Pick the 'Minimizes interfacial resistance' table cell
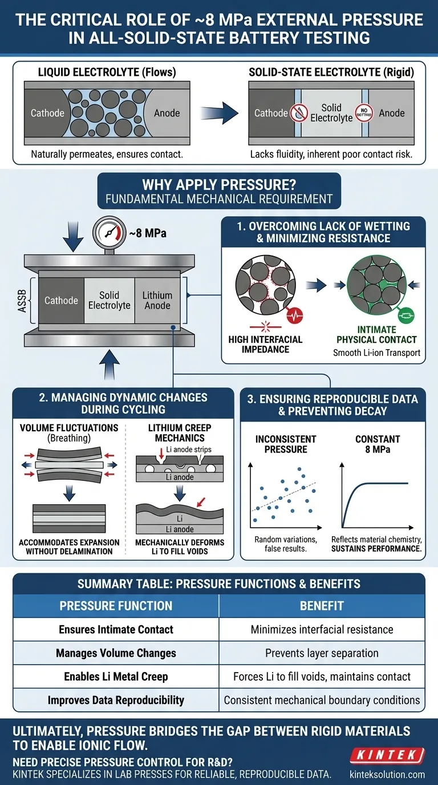tap(322, 630)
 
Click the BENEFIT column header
tap(322, 606)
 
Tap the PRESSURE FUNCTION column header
tap(116, 606)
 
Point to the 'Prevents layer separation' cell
tap(322, 653)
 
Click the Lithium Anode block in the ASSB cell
tap(157, 300)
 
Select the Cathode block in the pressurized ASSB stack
tap(61, 300)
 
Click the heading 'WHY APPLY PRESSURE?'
tap(219, 185)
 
